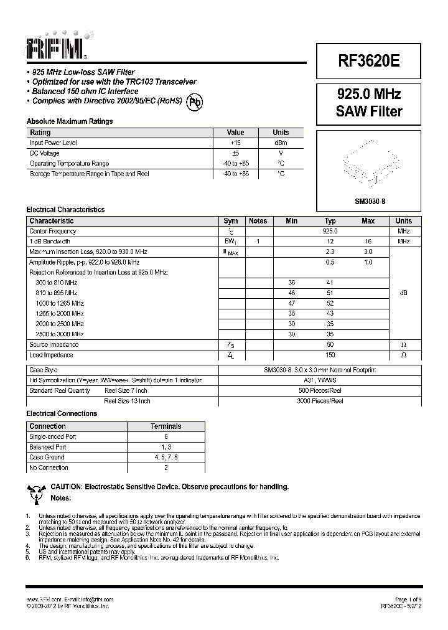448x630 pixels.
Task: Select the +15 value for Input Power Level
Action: (235, 143)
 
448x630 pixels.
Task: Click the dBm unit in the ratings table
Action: (281, 143)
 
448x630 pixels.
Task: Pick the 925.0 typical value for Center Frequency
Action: (330, 231)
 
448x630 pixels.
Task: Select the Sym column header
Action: (230, 221)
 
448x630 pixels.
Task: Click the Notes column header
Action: (258, 221)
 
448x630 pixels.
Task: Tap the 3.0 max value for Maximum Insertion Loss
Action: (368, 252)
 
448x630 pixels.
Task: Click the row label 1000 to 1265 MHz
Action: (60, 303)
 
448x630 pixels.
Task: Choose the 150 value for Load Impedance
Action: (330, 355)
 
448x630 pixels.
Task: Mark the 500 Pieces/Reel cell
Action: (320, 390)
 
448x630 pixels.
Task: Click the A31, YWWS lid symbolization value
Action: (320, 380)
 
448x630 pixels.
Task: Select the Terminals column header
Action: (166, 426)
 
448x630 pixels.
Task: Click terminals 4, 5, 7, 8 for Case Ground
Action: (166, 458)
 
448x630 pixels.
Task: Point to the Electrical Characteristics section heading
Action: (65, 210)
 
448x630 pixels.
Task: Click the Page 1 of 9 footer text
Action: (408, 599)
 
